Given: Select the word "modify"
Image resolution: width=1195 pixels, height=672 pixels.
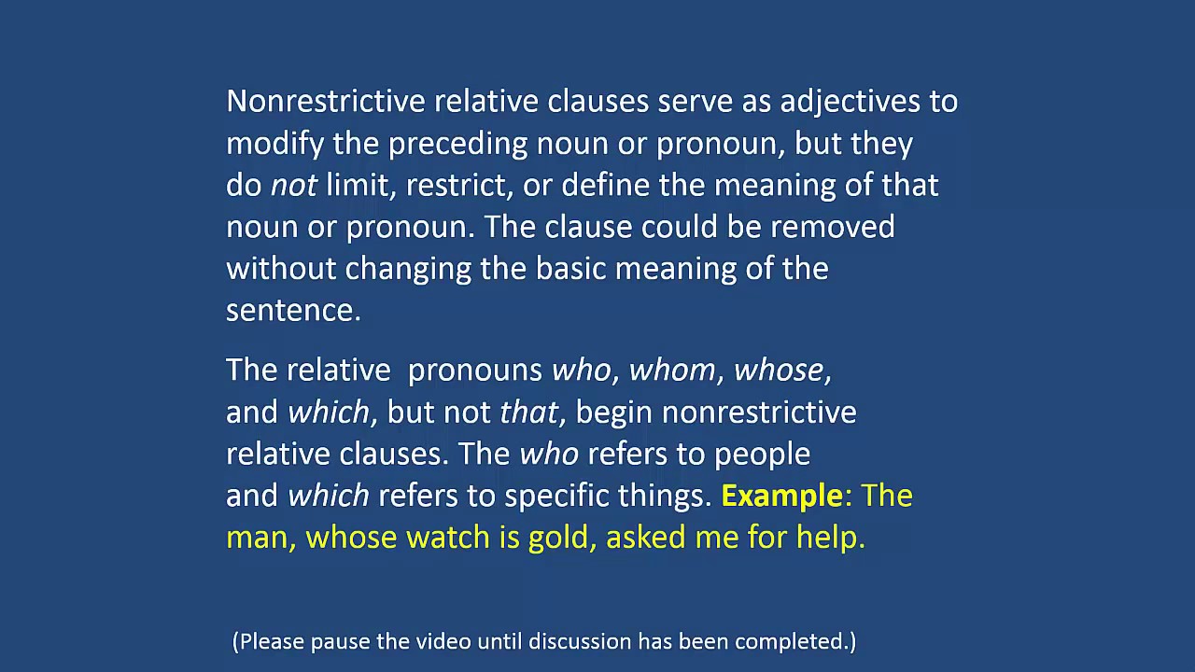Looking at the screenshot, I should [x=274, y=144].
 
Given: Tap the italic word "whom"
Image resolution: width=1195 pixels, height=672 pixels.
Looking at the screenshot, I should [x=671, y=371].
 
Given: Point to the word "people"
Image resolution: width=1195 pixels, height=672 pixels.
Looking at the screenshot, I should [x=762, y=455].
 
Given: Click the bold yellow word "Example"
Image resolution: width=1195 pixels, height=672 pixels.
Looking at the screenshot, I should [x=782, y=496].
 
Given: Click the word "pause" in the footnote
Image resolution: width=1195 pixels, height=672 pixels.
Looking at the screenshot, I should [x=340, y=642].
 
